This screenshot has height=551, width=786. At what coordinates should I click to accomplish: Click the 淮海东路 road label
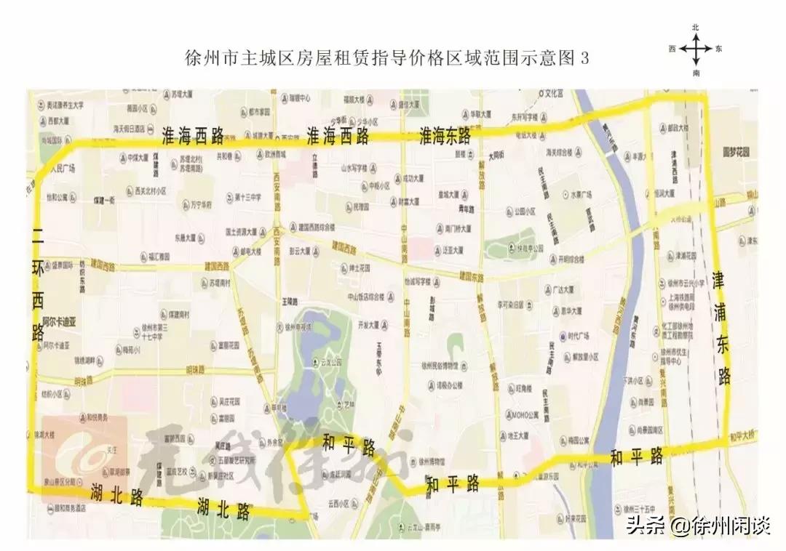[445, 135]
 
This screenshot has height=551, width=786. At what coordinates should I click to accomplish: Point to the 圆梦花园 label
[735, 153]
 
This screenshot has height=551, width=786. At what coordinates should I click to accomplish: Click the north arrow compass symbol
[696, 50]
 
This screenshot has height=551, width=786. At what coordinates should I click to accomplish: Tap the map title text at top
[386, 59]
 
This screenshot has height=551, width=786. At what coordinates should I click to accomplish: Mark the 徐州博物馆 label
[432, 461]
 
